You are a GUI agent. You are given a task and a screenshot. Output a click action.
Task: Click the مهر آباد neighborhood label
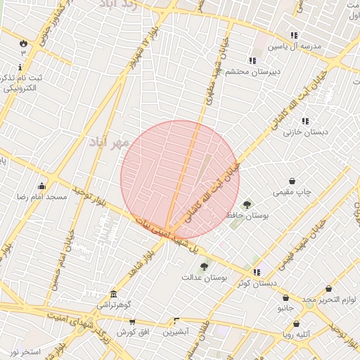tap(109, 143)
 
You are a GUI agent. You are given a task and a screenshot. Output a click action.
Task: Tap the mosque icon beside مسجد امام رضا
tap(41, 186)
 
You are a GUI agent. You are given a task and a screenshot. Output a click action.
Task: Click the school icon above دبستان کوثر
tap(257, 272)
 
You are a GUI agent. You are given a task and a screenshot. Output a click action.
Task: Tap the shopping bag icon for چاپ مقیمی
tap(292, 181)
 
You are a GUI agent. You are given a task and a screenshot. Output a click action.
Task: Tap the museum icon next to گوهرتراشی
tap(113, 294)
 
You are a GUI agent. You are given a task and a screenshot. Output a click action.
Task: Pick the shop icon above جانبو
tap(285, 297)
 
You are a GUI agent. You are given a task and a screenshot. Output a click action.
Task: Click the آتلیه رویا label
tap(297, 335)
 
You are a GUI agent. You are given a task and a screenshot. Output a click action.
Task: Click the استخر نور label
tap(26, 351)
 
